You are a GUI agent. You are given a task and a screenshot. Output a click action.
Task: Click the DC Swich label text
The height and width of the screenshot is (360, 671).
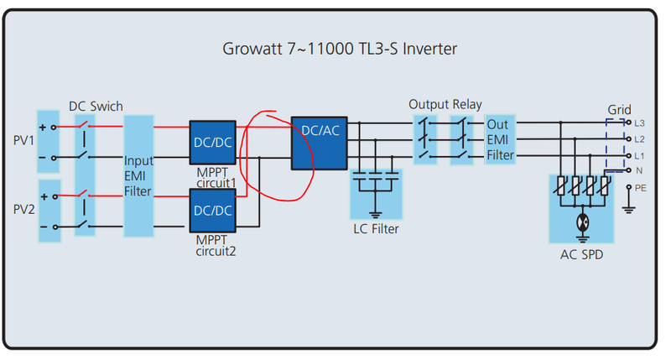[96, 107]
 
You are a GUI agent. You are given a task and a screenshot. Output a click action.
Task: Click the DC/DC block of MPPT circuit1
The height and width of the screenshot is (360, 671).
[212, 143]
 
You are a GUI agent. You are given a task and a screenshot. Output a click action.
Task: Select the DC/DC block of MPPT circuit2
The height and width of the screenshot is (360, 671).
[212, 211]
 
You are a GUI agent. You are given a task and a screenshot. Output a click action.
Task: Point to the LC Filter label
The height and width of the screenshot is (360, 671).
[376, 228]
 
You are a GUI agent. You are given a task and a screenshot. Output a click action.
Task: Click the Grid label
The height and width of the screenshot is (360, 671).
[620, 110]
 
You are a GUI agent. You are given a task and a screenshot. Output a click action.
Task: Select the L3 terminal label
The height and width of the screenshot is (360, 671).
[640, 123]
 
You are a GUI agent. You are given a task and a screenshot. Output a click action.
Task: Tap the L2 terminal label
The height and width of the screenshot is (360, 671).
[640, 138]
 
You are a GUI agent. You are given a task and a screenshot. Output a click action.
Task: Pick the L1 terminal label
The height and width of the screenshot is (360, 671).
[640, 155]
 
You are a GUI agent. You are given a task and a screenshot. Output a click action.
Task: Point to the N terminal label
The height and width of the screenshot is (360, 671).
[639, 170]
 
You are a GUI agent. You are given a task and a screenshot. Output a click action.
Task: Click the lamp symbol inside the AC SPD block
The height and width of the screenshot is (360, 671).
[580, 224]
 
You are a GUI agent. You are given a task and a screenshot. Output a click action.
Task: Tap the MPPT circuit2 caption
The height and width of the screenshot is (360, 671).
[216, 245]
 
